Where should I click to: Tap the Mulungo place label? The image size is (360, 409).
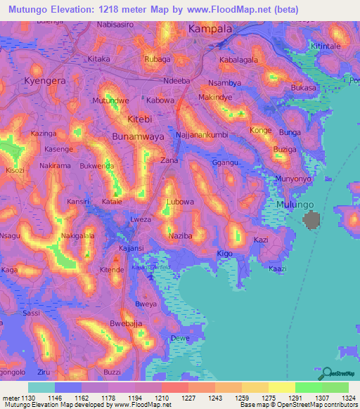(x=292, y=204)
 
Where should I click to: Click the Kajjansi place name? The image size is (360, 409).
(x=132, y=249)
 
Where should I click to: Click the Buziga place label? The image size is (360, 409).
(x=285, y=150)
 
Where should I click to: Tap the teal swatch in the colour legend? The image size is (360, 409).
(x=41, y=387)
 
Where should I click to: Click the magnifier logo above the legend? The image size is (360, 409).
(x=326, y=373)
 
